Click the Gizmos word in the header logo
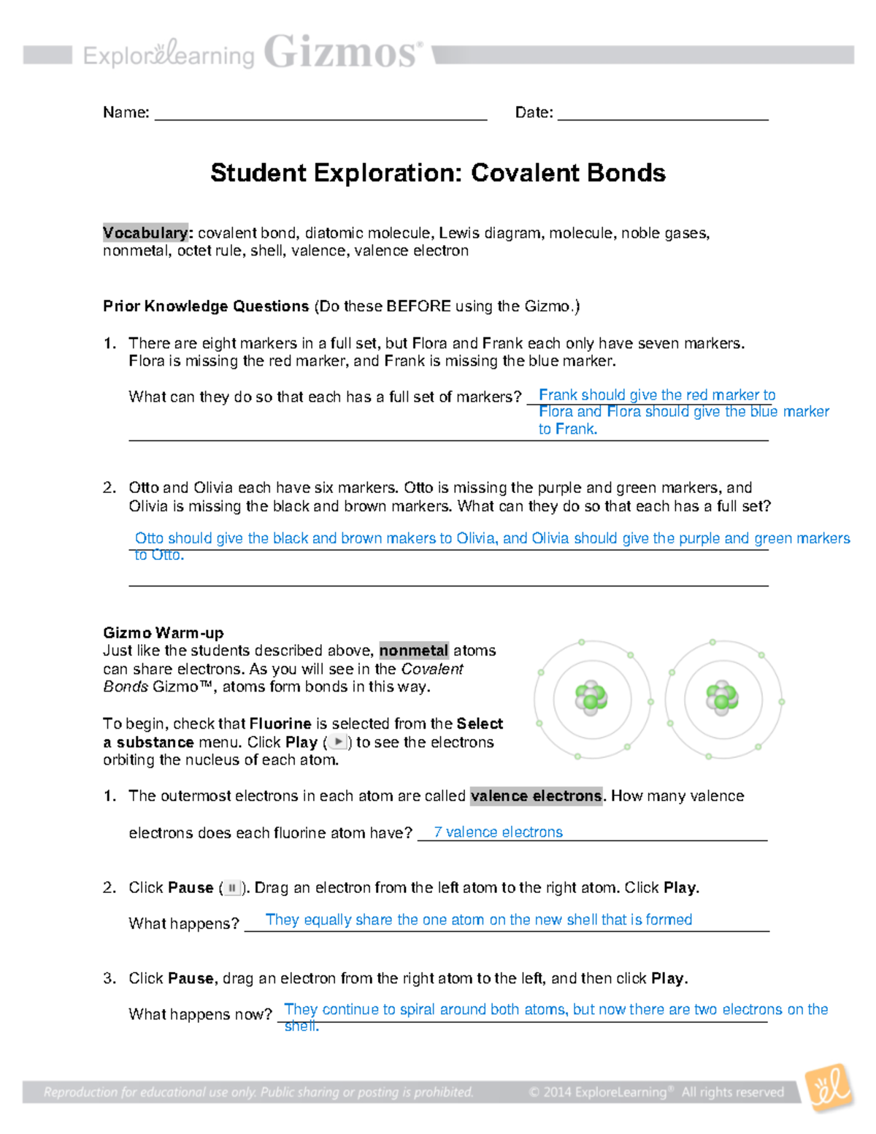point(342,53)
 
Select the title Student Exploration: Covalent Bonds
point(438,173)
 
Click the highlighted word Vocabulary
point(145,233)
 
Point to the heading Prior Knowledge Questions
point(206,306)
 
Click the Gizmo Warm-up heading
point(163,632)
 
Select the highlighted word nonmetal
point(413,651)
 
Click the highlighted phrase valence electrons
point(537,796)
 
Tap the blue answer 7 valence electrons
point(498,832)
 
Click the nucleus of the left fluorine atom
point(591,697)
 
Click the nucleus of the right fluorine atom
point(721,697)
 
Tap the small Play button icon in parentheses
point(337,742)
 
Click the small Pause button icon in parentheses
point(231,888)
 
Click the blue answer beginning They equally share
point(479,920)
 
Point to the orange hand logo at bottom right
point(829,1088)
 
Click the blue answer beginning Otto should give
point(492,539)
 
